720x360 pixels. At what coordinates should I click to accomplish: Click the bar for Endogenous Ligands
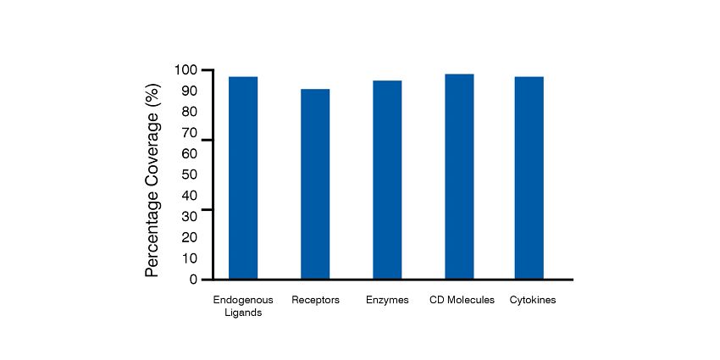[x=243, y=178]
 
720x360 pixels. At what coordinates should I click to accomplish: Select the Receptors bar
[x=315, y=184]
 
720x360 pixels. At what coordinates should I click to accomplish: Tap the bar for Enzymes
[x=387, y=180]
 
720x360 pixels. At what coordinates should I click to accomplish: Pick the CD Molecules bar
[x=459, y=176]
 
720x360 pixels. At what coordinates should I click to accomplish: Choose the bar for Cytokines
[x=529, y=178]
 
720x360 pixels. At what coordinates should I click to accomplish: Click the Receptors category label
[x=315, y=300]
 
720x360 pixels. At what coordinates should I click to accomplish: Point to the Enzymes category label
[x=387, y=300]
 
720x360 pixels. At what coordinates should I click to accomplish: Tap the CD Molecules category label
[x=462, y=300]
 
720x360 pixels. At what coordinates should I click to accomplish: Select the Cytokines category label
[x=533, y=300]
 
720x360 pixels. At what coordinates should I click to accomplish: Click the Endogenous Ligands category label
[x=243, y=306]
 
